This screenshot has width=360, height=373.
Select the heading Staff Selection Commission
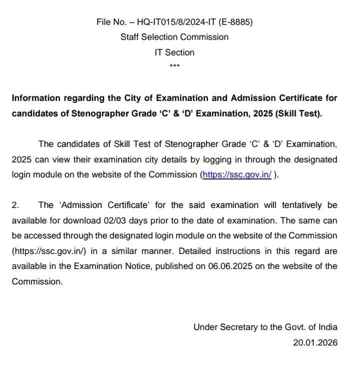click(174, 37)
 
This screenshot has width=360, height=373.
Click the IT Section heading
click(174, 52)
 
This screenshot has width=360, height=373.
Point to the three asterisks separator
click(175, 66)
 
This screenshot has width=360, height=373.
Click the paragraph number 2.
click(15, 205)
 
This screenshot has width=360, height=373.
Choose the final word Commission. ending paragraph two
click(37, 281)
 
